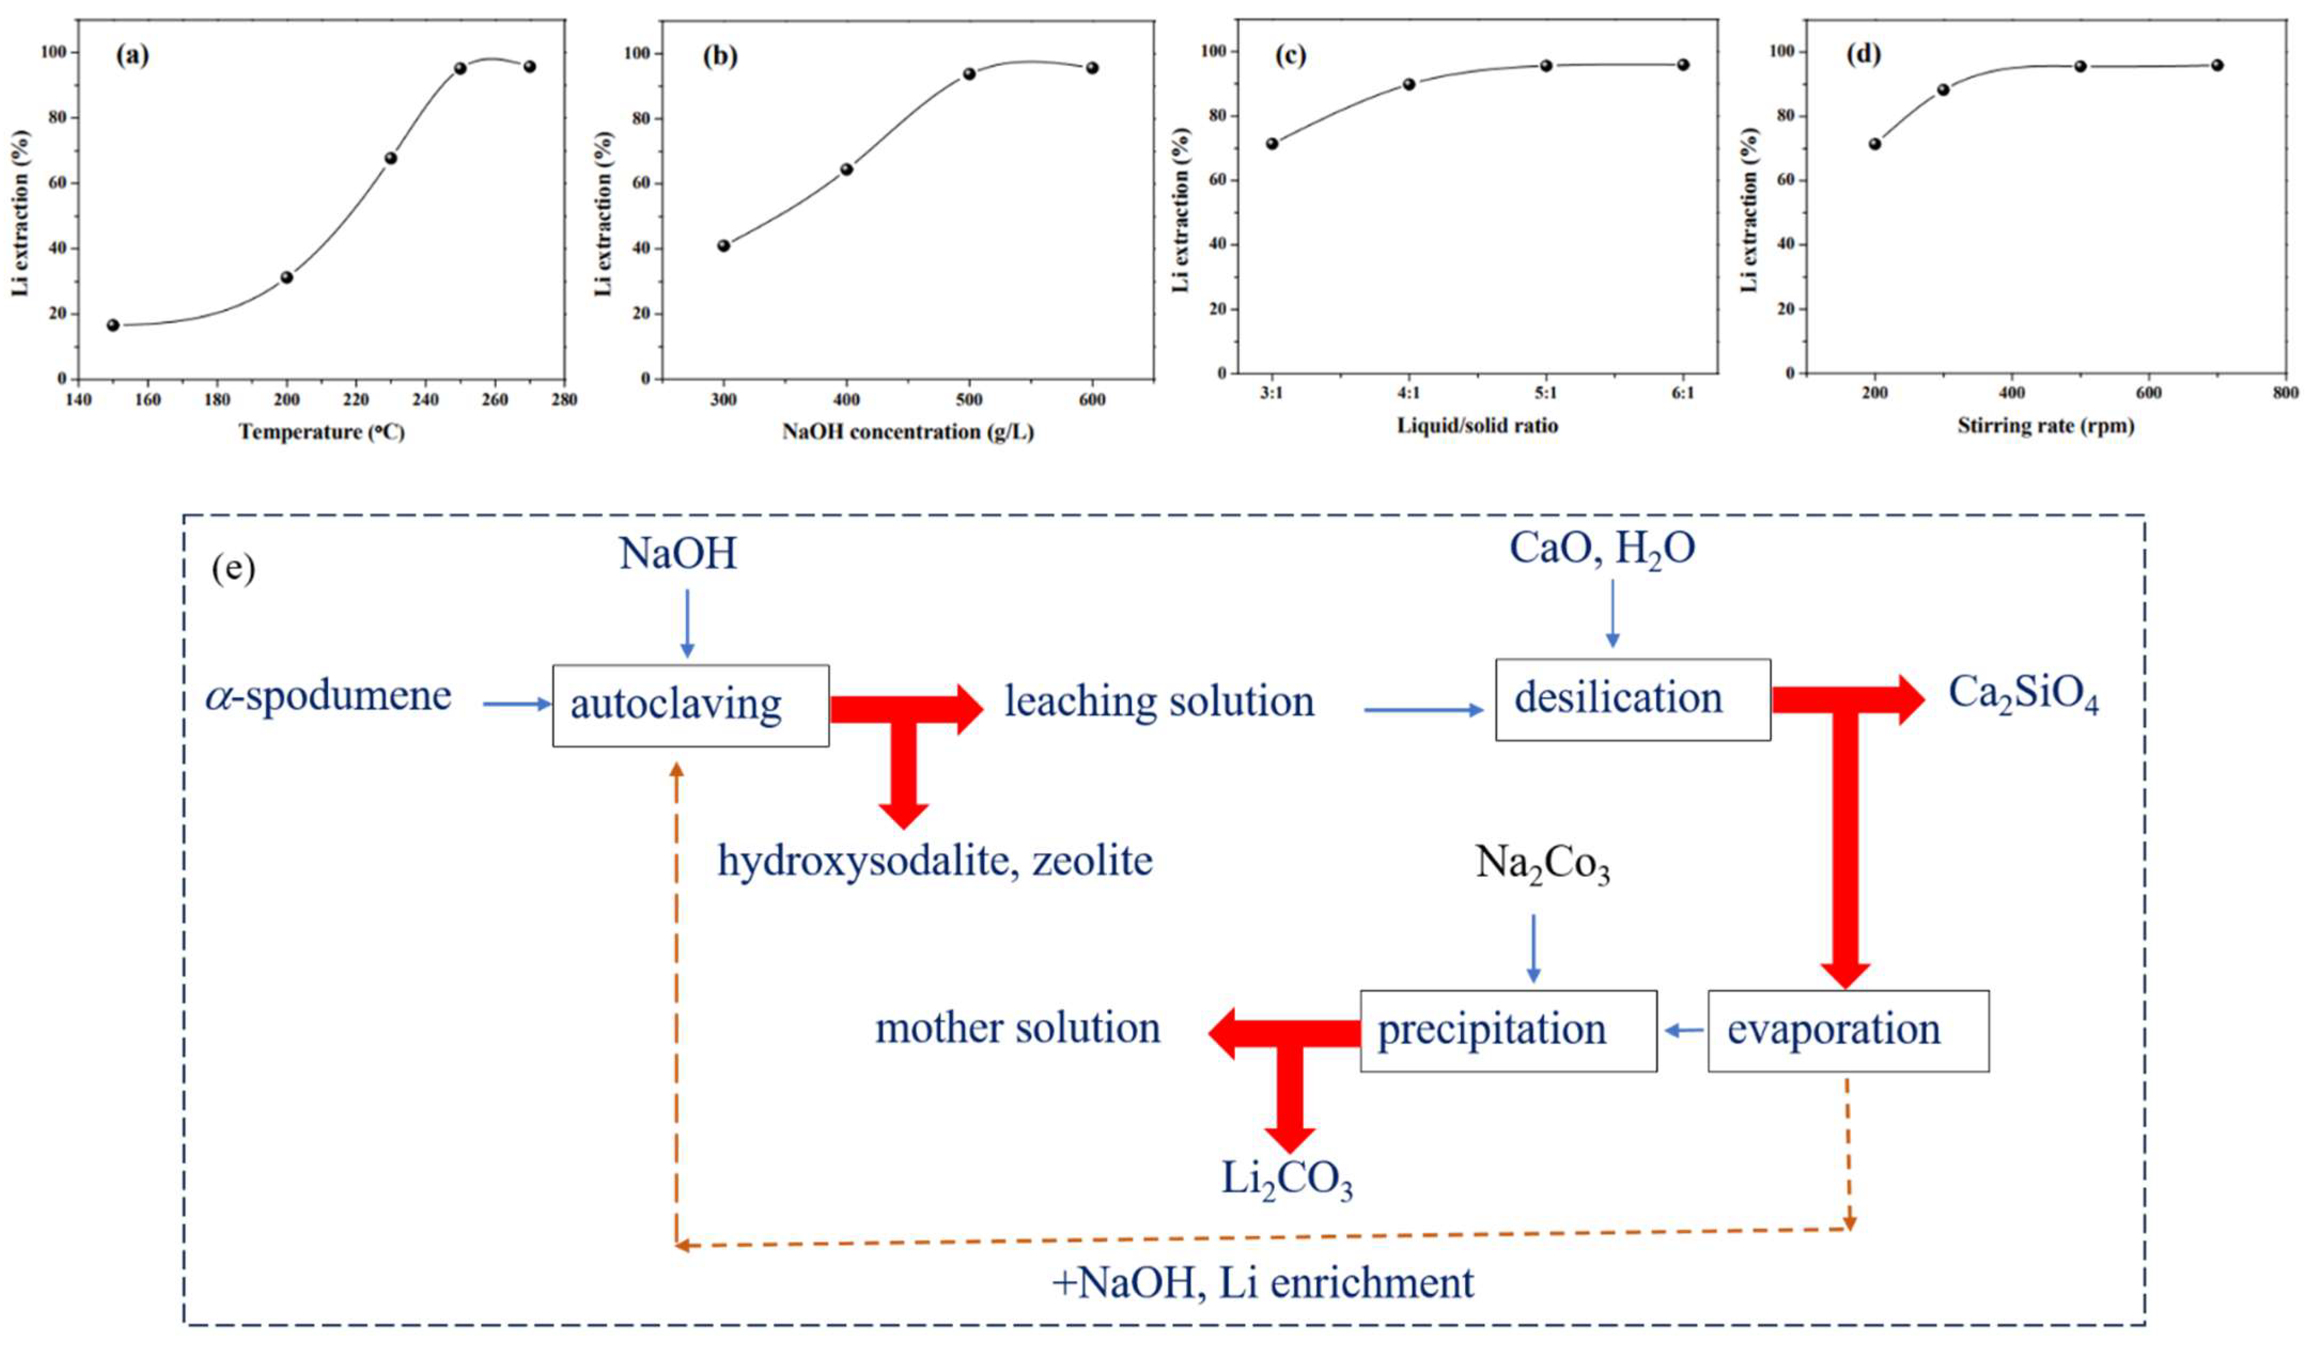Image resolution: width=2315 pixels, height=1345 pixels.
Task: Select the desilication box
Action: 1632,699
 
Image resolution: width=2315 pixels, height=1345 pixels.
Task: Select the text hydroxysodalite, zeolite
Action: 934,862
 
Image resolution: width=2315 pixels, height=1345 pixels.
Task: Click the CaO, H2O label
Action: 1602,550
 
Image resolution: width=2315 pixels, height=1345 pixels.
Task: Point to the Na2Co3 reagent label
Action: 1542,864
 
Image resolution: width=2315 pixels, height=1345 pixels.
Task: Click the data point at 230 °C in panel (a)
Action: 391,158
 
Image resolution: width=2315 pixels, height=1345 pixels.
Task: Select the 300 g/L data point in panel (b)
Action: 724,245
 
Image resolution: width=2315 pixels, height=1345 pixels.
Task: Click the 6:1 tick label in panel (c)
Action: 1683,393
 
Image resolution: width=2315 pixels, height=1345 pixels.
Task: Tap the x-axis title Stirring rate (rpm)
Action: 2045,425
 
